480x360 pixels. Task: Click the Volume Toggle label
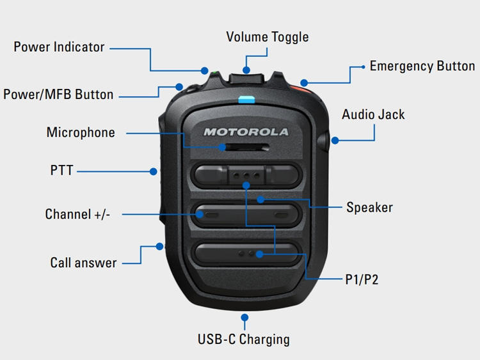pos(268,37)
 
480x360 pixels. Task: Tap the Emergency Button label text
pos(422,66)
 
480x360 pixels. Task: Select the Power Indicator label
pos(59,47)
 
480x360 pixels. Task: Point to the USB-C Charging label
pos(244,339)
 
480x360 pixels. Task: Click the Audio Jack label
pos(373,114)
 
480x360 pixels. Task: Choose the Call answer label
pos(83,263)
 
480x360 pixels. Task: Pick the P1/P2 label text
pos(362,279)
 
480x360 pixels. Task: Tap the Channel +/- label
pos(77,214)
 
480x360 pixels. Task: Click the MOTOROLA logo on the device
pos(246,132)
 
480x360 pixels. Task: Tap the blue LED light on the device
pos(246,99)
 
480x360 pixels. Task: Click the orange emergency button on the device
pos(301,90)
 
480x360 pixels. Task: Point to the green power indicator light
pos(214,73)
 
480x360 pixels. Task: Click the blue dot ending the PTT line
pos(154,171)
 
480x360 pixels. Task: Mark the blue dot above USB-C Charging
pos(244,318)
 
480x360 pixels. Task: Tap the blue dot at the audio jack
pos(335,141)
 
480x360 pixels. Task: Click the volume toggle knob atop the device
pos(246,78)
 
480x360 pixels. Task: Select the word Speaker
pos(369,207)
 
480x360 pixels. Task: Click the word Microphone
pos(81,132)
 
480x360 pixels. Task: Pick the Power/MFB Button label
pos(58,94)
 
